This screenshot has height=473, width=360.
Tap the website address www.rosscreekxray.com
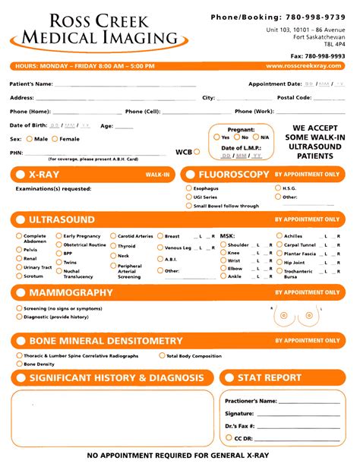click(304, 66)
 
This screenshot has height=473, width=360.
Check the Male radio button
click(30, 139)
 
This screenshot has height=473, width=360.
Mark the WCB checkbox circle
click(197, 152)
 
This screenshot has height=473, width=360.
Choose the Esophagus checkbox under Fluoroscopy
click(189, 188)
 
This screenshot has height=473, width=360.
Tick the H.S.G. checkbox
click(278, 188)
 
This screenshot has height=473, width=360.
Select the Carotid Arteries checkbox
click(113, 236)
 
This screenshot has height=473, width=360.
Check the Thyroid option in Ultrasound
click(113, 246)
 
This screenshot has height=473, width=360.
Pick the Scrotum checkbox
click(19, 276)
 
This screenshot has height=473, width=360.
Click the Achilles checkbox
click(279, 236)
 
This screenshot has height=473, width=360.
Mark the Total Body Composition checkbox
click(162, 355)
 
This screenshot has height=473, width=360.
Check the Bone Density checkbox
click(19, 364)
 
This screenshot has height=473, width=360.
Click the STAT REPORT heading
click(270, 377)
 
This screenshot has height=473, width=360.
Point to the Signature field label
click(239, 414)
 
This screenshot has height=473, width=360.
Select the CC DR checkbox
click(229, 438)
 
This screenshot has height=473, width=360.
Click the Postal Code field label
click(294, 98)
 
